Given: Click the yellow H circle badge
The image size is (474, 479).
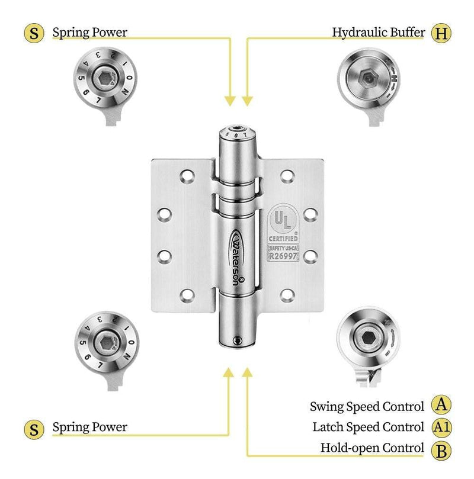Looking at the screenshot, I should coord(440,33).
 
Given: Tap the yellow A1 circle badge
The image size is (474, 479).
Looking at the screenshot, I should coord(440,426).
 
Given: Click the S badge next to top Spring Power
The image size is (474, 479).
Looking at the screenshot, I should coord(34,33).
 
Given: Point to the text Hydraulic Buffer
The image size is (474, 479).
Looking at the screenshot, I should coord(378,33).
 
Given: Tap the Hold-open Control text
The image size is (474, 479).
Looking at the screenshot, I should coord(372,448).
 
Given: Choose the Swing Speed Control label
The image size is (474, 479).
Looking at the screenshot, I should coord(367,407).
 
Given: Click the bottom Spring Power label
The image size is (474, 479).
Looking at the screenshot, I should coord(89,426).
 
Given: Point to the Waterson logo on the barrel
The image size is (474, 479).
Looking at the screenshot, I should coord(236,255).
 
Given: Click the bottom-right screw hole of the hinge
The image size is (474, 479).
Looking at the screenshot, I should coord(287,294).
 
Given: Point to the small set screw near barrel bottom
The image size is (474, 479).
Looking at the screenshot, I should coord(238,340).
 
